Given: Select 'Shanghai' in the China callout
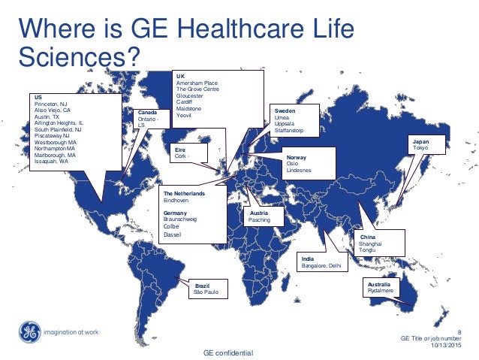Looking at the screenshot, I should [x=372, y=244].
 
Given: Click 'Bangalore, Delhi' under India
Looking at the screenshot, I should [x=321, y=265].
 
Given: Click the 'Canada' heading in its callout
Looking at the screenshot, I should [x=147, y=113].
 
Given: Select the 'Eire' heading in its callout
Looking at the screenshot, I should [x=180, y=149].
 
